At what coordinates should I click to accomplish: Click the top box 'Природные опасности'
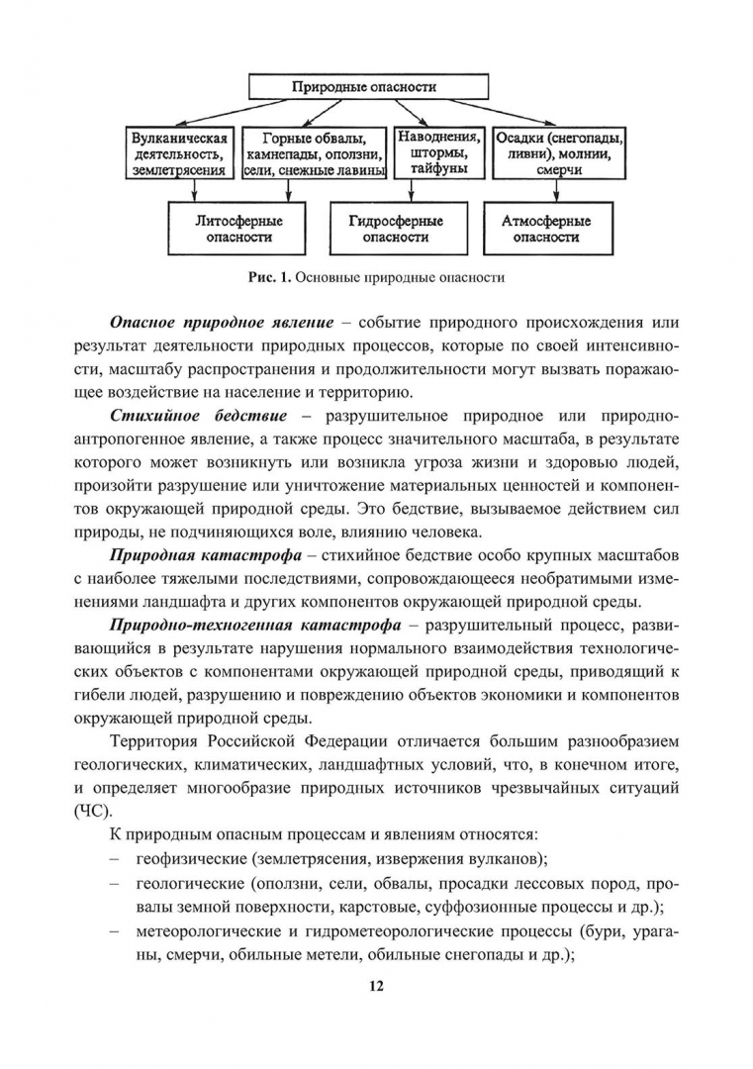[377, 87]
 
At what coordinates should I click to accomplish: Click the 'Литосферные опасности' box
[235, 229]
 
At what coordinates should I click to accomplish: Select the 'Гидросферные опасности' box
[396, 229]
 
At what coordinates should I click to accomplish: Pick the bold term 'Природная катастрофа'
[190, 554]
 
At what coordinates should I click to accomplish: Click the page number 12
[376, 986]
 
